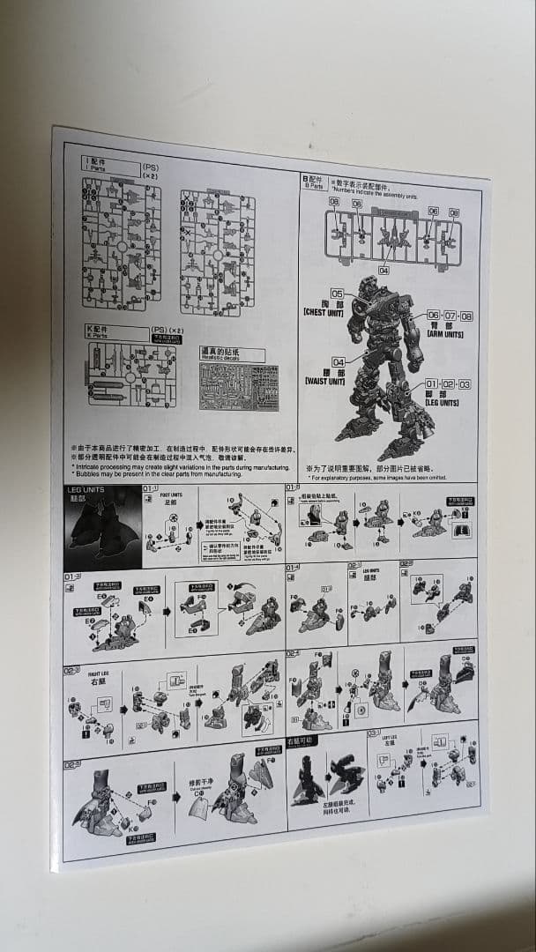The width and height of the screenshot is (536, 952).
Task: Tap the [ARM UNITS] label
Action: tap(445, 334)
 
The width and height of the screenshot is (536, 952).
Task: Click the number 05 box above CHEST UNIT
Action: tap(338, 294)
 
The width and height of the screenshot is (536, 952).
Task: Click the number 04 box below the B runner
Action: tap(384, 271)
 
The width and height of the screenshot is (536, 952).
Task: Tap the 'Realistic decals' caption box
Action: tap(232, 353)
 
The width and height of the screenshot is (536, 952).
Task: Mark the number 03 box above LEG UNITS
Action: tap(465, 384)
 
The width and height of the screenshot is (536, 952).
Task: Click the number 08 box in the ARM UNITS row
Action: tap(466, 316)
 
